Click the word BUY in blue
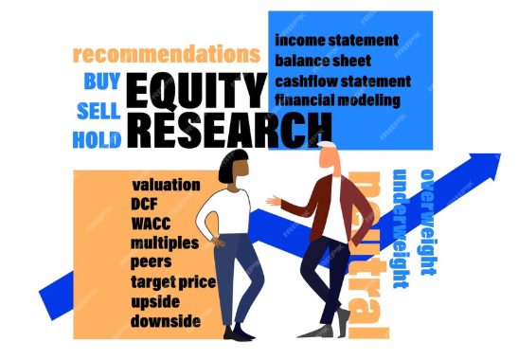102,81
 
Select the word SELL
98,111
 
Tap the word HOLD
97,140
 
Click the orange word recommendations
166,53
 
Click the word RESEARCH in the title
227,128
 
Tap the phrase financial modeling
338,99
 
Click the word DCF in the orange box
146,204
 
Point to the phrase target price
173,282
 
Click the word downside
166,321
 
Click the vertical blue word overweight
427,222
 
